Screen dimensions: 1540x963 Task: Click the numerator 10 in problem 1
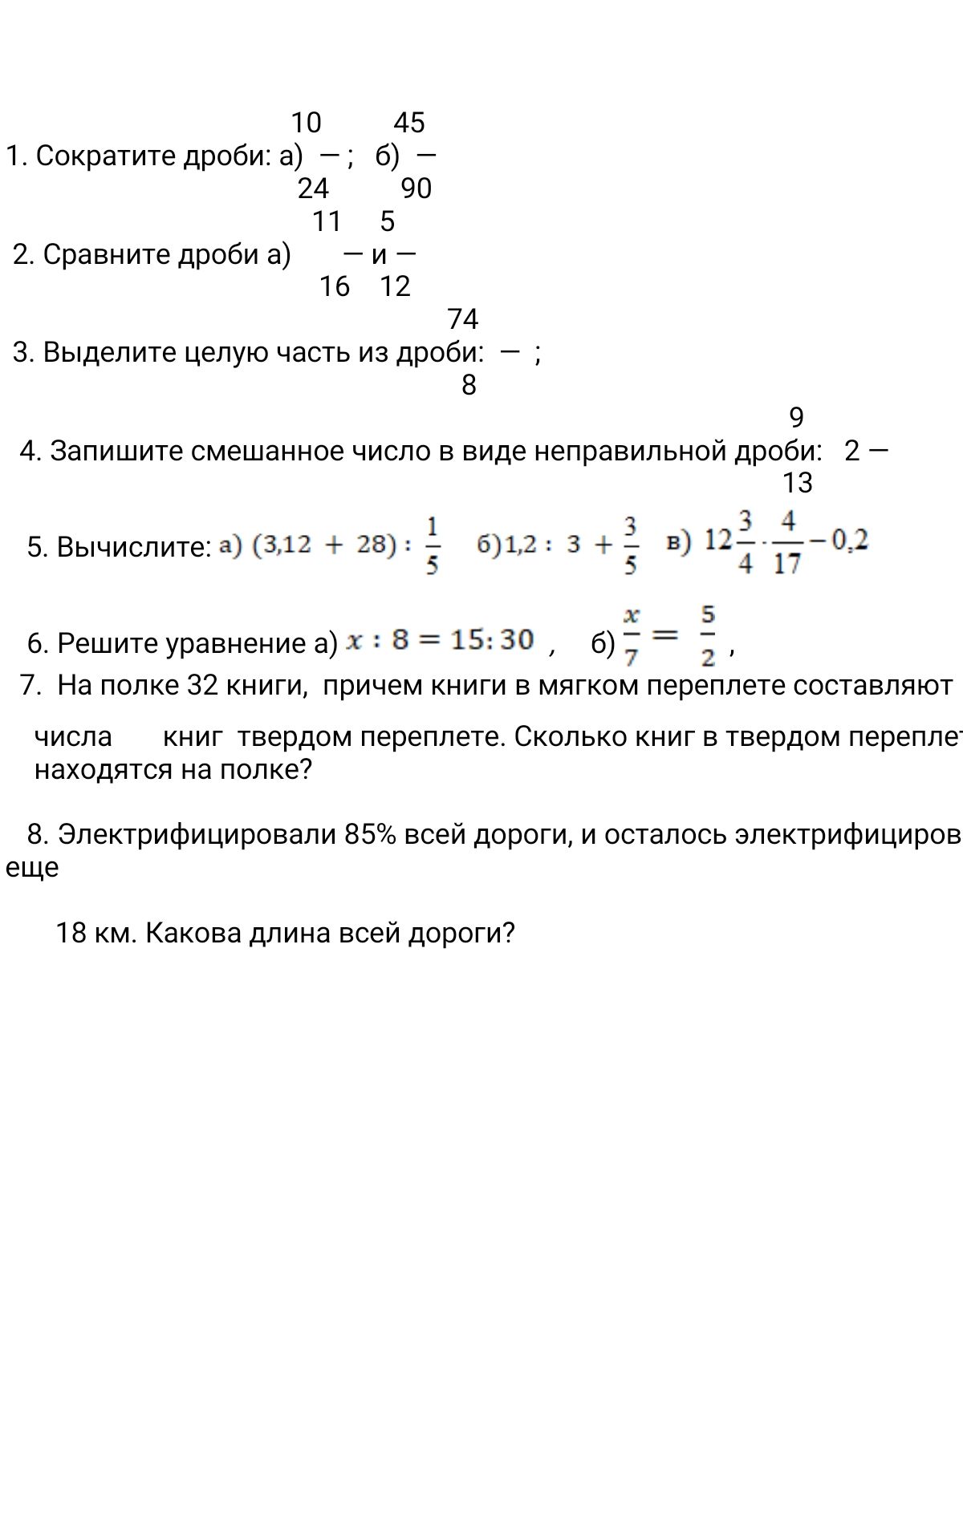[x=306, y=123]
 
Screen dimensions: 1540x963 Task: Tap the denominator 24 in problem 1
[x=313, y=188]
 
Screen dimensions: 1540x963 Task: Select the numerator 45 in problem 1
[x=409, y=123]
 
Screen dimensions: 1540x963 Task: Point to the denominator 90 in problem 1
[x=416, y=188]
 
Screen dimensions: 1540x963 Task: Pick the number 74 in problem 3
[x=463, y=320]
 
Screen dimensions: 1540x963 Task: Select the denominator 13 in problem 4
[x=798, y=483]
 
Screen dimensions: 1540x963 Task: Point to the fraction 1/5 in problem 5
[x=432, y=546]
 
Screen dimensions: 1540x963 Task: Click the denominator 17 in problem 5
[x=787, y=563]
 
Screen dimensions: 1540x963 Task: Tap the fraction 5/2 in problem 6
[x=707, y=638]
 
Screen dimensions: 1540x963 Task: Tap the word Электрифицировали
[x=197, y=835]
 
